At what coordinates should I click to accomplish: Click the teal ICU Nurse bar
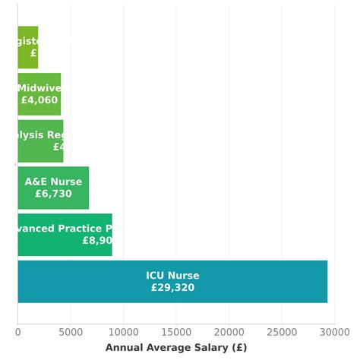(172, 281)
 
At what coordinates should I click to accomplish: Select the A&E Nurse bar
(53, 188)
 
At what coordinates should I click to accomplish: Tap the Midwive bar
(39, 93)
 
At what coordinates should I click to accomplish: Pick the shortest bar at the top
(27, 47)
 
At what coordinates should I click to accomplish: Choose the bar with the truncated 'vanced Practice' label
(65, 234)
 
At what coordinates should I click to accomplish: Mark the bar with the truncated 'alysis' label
(40, 141)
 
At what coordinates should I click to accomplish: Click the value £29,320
(172, 288)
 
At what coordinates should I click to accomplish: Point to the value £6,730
(53, 194)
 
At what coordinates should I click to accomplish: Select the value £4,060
(39, 99)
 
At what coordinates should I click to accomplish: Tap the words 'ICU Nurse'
(172, 276)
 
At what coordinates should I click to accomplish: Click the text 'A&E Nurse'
(53, 182)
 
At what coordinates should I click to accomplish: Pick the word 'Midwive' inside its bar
(39, 88)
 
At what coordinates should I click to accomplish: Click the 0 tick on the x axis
(17, 331)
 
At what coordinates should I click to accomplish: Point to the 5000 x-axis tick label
(71, 331)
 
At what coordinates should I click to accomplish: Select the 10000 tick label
(123, 331)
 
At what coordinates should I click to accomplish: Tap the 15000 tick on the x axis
(176, 331)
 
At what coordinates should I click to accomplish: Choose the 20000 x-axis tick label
(229, 331)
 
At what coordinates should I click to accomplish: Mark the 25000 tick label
(282, 331)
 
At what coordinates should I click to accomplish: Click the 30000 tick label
(334, 331)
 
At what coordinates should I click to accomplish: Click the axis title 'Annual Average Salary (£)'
(176, 348)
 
